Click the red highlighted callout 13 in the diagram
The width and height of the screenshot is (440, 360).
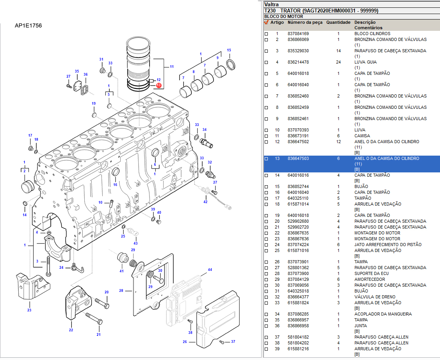point(159,85)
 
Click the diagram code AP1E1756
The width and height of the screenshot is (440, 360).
point(29,26)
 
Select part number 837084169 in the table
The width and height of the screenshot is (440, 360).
point(298,34)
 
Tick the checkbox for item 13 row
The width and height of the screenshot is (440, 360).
point(266,159)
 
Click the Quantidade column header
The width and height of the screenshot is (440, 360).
point(338,23)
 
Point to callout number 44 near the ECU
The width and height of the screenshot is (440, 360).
point(210,270)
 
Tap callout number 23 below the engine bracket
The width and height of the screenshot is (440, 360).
point(29,310)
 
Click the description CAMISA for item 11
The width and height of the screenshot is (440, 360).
point(362,136)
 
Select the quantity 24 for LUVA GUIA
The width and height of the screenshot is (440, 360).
point(338,62)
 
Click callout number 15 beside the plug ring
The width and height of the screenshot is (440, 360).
point(229,50)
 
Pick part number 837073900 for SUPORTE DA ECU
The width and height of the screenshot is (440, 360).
point(298,274)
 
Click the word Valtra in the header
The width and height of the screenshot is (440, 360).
point(271,4)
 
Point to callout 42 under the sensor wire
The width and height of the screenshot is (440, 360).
point(205,202)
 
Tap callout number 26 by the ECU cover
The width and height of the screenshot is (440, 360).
point(185,342)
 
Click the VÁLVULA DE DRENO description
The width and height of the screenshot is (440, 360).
point(374,297)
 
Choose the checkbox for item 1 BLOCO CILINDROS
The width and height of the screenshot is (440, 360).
point(266,34)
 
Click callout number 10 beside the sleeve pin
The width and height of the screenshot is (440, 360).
point(100,202)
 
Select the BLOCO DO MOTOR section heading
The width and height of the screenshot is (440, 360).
point(283,17)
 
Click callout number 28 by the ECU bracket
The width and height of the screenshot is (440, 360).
point(121,291)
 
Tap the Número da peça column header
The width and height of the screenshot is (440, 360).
point(305,23)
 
